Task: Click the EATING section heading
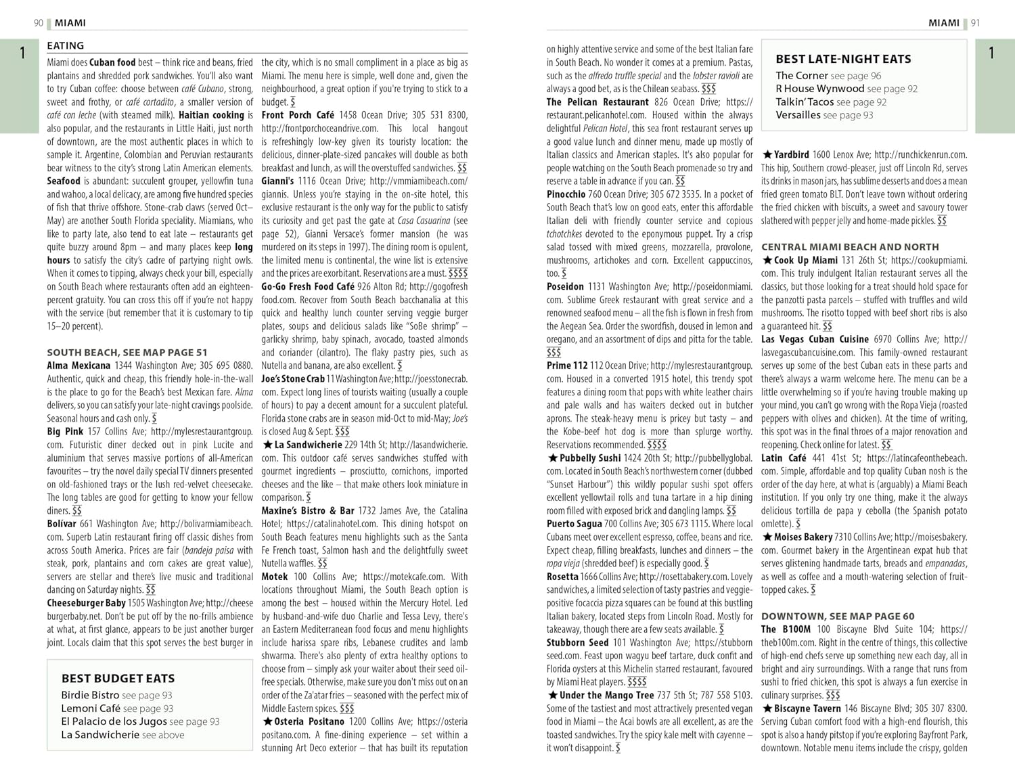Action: coord(66,46)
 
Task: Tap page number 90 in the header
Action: coord(39,23)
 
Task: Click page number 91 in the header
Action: coord(975,23)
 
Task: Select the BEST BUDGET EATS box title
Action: coord(118,678)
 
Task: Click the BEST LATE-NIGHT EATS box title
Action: coord(843,59)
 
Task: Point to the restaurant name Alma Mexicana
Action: coord(78,365)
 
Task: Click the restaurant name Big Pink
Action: coord(65,432)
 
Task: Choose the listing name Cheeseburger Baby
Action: coord(86,603)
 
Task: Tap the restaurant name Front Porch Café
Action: coord(298,115)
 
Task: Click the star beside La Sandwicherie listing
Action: coord(267,445)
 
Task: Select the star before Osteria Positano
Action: coord(267,721)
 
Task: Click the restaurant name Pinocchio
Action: coord(566,194)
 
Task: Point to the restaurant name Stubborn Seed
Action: coord(577,642)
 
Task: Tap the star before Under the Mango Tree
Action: coord(552,695)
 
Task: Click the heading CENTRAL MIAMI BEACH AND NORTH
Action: coord(850,247)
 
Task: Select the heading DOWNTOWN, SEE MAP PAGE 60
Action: coord(838,617)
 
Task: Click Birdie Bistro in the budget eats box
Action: coord(90,695)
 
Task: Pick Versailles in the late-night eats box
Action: coord(798,115)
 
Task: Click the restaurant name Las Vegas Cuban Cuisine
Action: coord(815,339)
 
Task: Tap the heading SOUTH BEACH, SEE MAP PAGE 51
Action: coord(127,353)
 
